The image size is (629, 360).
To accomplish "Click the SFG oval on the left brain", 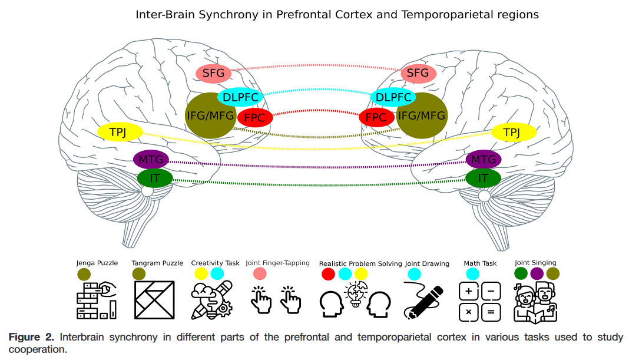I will click(213, 73).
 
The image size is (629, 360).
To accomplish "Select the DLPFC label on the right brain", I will click(393, 97).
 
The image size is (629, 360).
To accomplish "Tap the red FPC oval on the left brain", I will click(255, 118).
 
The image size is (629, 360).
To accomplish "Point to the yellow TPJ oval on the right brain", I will click(514, 132).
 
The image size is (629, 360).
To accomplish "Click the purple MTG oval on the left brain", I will click(151, 159).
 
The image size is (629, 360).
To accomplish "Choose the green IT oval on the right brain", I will click(483, 177).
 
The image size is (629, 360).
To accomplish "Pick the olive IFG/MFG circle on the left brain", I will click(210, 115).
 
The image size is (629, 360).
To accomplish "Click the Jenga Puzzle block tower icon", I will click(97, 300).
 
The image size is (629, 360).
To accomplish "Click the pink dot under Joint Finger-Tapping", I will click(260, 273).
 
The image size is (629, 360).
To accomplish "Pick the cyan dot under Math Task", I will click(472, 273).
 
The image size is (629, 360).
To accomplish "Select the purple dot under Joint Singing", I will click(537, 273).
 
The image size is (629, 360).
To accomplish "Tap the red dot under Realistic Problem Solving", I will click(329, 273).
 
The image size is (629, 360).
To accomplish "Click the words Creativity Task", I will click(215, 263).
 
